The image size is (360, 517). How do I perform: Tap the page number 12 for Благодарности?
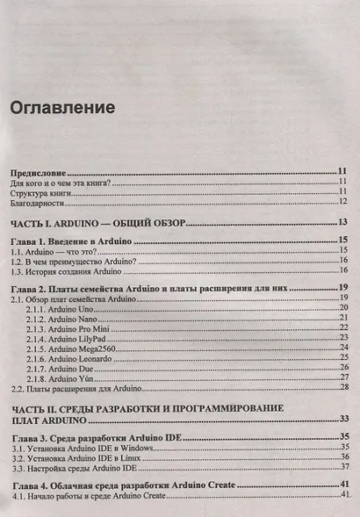(x=345, y=203)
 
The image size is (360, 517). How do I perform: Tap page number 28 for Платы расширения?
(x=345, y=388)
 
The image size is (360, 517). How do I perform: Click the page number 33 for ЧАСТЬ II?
(x=345, y=420)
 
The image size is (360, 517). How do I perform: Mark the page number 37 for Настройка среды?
(x=345, y=467)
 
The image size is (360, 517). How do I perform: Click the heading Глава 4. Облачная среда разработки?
(x=119, y=485)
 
